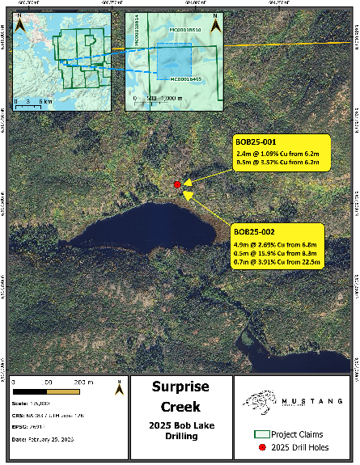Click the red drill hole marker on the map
[177, 185]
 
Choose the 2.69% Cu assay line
[276, 243]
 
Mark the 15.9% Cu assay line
[276, 252]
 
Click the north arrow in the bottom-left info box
[120, 387]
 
